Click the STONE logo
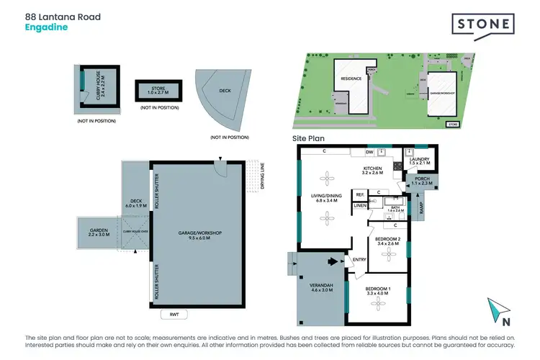483,25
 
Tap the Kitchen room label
374,170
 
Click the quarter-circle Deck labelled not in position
224,102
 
